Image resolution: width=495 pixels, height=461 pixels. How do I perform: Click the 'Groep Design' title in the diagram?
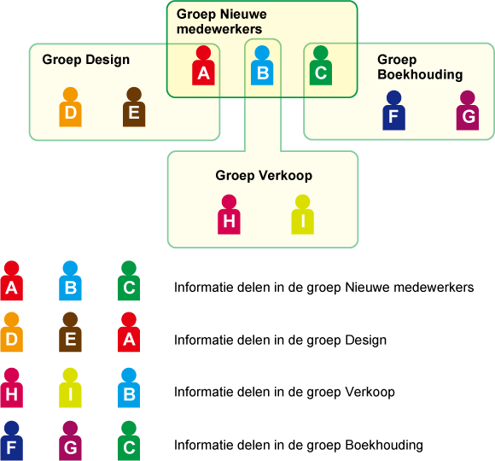click(86, 60)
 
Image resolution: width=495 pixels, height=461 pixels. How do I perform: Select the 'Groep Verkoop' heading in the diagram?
click(264, 176)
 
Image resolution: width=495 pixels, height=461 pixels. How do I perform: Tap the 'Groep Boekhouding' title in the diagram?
click(420, 67)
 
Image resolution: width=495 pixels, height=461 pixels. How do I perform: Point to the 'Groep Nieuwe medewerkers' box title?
click(222, 21)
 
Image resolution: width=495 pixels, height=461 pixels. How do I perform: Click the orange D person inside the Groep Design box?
click(70, 107)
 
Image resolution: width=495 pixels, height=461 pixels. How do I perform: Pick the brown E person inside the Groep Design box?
click(134, 107)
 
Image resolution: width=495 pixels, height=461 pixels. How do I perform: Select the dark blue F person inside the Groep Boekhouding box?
click(393, 110)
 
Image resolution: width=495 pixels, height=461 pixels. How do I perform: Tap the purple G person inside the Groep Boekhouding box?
click(468, 110)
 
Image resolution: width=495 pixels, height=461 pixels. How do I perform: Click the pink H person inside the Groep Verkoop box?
click(229, 214)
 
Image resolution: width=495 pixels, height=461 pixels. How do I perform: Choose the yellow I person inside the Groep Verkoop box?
click(302, 214)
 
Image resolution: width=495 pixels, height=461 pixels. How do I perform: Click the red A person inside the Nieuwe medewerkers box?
click(203, 66)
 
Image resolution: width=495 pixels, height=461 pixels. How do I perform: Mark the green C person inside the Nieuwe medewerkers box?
click(321, 66)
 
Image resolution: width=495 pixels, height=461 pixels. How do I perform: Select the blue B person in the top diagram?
click(262, 66)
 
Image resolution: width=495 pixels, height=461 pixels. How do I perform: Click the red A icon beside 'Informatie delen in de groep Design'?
click(129, 332)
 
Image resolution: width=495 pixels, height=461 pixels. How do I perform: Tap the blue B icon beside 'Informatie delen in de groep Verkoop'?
click(129, 388)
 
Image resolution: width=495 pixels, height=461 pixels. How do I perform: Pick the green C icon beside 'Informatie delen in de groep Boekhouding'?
click(129, 441)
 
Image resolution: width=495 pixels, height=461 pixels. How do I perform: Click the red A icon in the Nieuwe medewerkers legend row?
click(12, 280)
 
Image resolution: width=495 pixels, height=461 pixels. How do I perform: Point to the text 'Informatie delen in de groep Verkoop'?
click(284, 392)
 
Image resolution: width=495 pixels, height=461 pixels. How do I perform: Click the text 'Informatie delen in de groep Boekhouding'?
click(299, 446)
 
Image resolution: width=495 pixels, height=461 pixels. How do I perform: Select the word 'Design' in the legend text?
click(365, 341)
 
